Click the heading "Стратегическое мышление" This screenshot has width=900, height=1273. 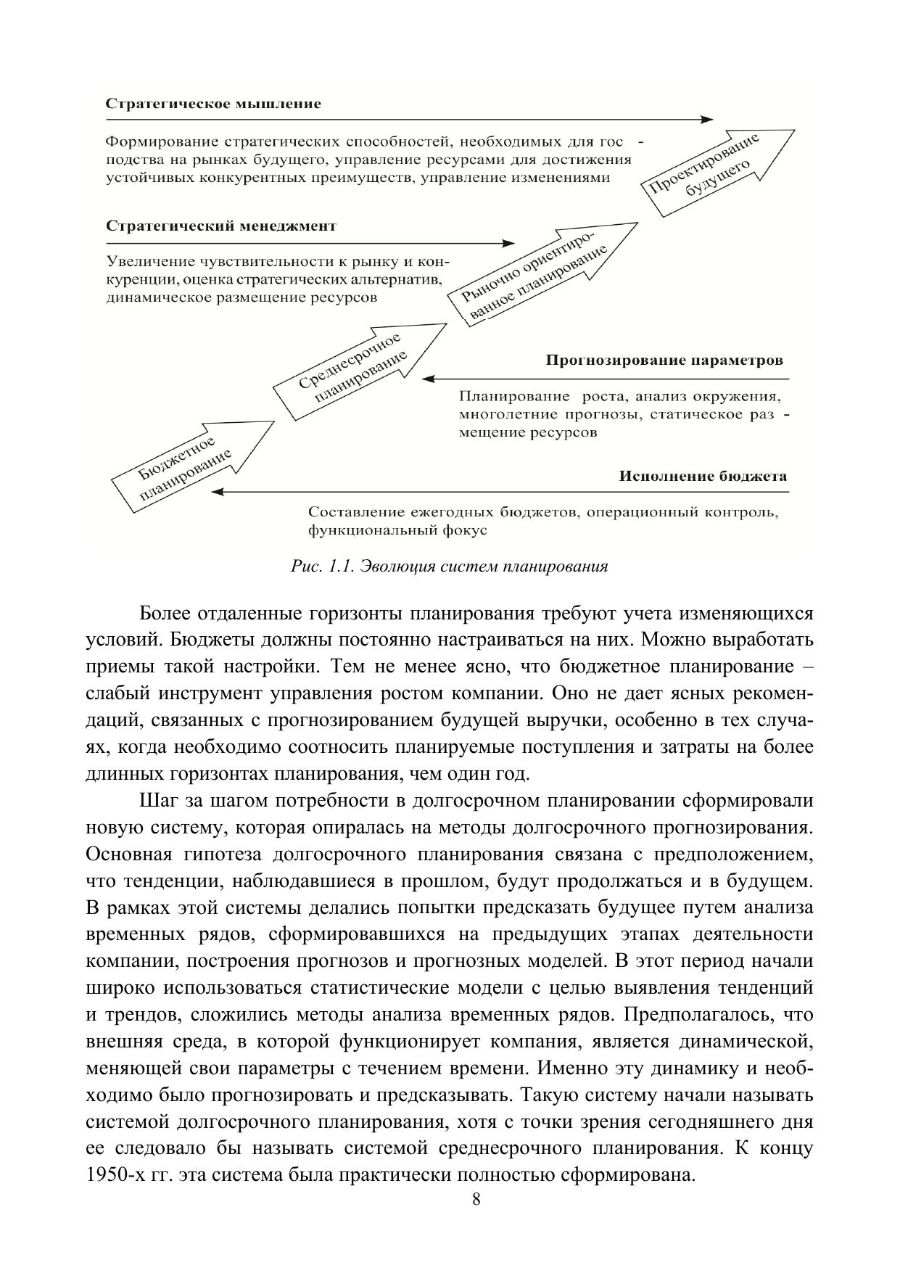213,104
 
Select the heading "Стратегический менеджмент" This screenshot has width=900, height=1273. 221,226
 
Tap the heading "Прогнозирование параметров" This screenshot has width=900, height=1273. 664,361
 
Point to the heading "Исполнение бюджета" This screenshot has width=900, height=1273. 702,477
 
